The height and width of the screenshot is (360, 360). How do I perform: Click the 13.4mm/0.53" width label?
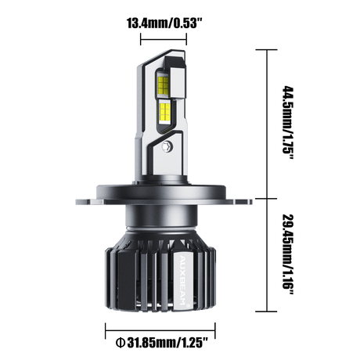click(x=164, y=23)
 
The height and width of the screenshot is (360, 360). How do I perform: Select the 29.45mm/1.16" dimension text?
click(x=289, y=254)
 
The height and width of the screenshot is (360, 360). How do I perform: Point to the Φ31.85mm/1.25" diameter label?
click(x=162, y=343)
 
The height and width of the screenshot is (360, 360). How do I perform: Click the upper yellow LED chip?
click(x=164, y=85)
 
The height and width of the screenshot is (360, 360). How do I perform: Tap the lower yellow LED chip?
click(x=165, y=113)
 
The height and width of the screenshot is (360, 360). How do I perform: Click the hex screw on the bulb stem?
click(x=166, y=146)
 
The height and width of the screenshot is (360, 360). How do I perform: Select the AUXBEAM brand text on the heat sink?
click(x=182, y=279)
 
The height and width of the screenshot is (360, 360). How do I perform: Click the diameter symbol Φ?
click(x=120, y=343)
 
